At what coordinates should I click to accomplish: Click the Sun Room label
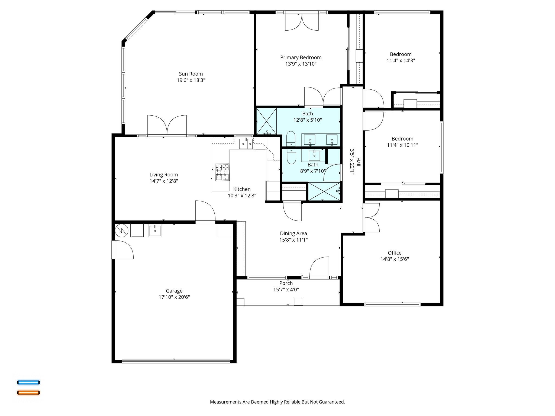(191, 74)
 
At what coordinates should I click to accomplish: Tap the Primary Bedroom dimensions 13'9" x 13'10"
(301, 64)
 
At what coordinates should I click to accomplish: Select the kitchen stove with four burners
(222, 172)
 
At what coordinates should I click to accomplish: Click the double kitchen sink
(246, 144)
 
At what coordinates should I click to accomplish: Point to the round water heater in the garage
(121, 230)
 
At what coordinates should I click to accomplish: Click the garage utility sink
(155, 230)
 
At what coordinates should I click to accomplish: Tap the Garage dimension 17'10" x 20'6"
(174, 297)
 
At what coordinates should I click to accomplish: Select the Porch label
(286, 283)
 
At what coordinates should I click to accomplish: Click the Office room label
(395, 253)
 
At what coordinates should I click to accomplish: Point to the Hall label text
(358, 162)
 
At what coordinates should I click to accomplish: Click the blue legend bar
(28, 382)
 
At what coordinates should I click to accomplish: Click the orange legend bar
(28, 392)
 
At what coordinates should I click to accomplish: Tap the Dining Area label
(293, 233)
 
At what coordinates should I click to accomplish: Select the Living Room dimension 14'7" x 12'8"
(164, 181)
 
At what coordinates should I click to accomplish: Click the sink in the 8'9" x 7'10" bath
(314, 155)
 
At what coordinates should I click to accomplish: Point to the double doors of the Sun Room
(167, 125)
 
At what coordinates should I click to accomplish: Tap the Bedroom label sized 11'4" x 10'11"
(402, 139)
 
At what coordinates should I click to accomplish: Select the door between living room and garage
(205, 213)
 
